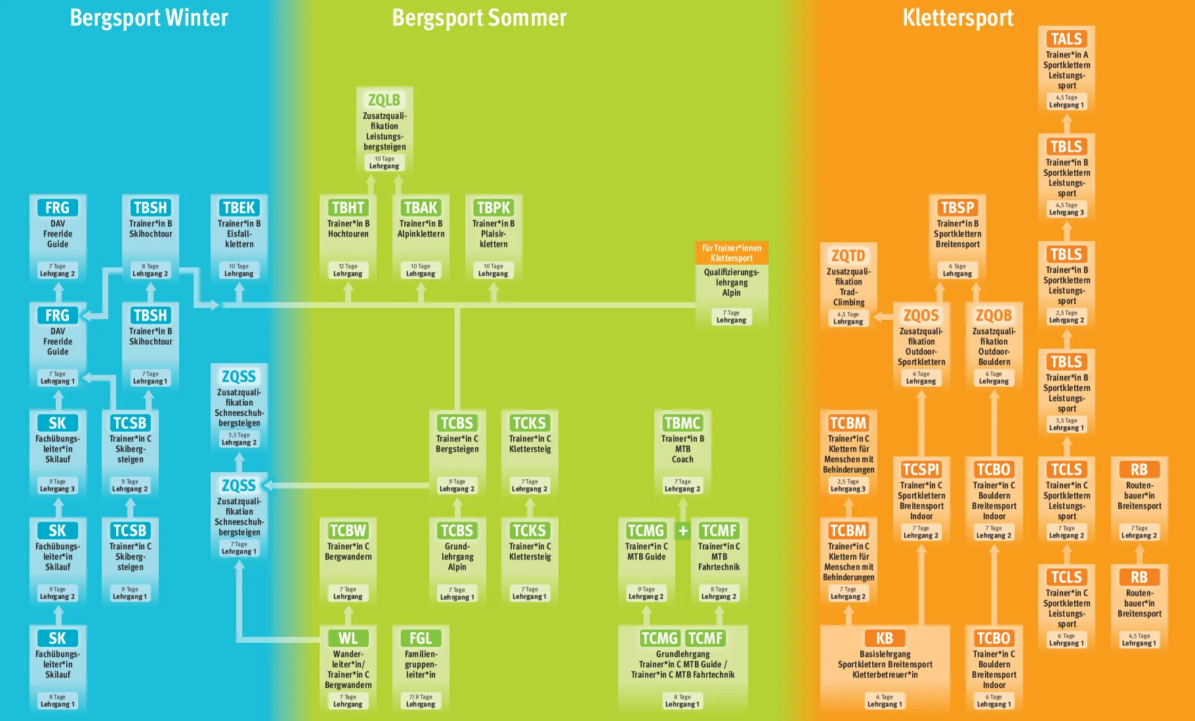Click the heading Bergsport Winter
(x=149, y=18)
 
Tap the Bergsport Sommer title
(x=479, y=18)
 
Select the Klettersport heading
(x=957, y=18)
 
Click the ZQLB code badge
(x=384, y=100)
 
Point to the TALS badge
(x=1066, y=39)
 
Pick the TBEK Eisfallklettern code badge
(x=239, y=208)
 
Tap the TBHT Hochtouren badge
(x=348, y=208)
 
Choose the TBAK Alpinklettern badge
(x=421, y=208)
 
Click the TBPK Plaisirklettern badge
(x=493, y=208)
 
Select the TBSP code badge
(x=957, y=208)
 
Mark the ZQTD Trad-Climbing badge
(x=848, y=255)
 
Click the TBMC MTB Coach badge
(x=682, y=423)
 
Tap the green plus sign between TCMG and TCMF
(x=683, y=531)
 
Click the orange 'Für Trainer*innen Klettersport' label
(x=731, y=253)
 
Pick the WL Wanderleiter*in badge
(x=348, y=638)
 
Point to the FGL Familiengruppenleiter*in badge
(x=421, y=638)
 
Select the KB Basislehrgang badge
(x=885, y=638)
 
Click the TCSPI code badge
(x=921, y=470)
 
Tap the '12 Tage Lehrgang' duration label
(x=348, y=271)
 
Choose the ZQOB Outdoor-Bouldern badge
(x=994, y=315)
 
